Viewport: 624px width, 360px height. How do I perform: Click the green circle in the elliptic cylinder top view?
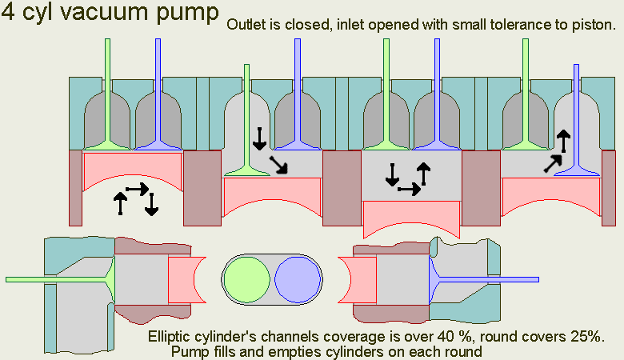click(x=247, y=282)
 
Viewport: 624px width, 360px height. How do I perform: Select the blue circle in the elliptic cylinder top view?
click(x=297, y=282)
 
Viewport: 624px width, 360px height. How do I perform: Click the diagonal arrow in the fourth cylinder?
click(x=551, y=163)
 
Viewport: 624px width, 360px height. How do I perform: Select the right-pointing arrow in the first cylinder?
click(x=137, y=190)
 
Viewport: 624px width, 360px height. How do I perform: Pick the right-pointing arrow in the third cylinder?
click(x=409, y=190)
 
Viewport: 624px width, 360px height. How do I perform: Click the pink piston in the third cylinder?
click(x=411, y=216)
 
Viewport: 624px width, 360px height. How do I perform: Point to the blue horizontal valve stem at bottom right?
click(x=496, y=279)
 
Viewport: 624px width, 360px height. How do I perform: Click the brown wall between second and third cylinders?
click(x=342, y=189)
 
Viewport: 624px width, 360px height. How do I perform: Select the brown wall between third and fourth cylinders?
click(x=481, y=189)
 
